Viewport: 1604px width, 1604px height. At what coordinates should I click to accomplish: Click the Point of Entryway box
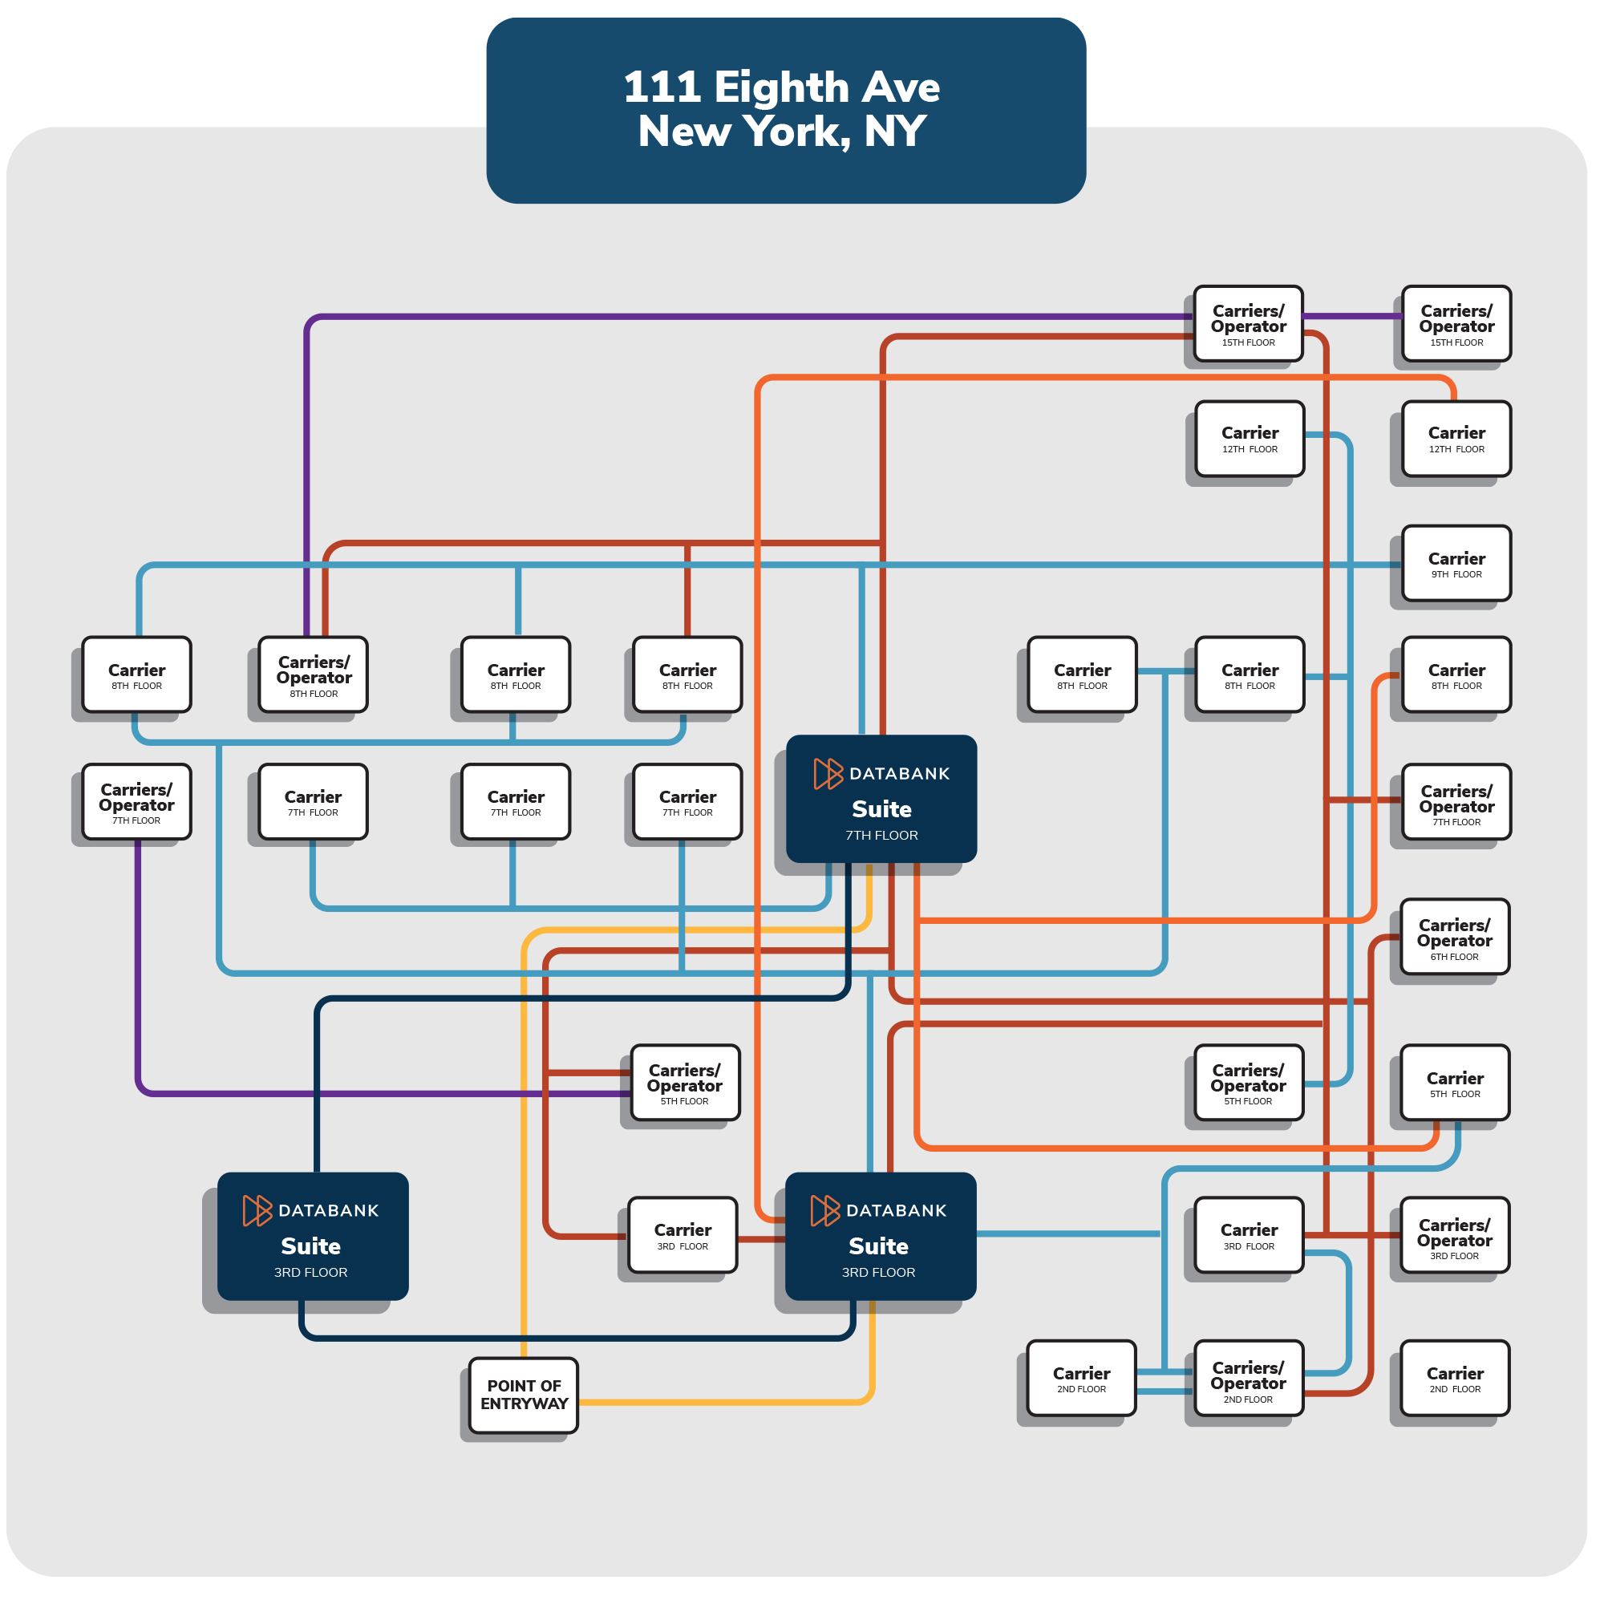coord(523,1395)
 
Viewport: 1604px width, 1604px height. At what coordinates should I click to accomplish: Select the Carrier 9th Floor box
coord(1456,563)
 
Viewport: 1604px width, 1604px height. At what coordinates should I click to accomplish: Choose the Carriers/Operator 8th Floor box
coord(313,675)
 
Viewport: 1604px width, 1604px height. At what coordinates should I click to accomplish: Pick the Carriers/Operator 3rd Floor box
coord(1455,1235)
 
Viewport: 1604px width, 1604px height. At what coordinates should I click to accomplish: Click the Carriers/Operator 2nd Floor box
coord(1248,1378)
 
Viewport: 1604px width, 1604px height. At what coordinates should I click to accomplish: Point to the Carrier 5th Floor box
coord(1455,1083)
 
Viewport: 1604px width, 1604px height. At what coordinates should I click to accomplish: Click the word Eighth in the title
coord(780,87)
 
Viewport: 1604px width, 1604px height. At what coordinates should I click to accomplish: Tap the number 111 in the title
coord(661,87)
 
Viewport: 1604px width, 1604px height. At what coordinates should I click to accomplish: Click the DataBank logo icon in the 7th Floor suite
coord(828,773)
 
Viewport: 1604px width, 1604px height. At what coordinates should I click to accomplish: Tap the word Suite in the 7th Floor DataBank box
coord(881,808)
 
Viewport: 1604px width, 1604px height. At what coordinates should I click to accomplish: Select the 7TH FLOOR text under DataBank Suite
coord(881,835)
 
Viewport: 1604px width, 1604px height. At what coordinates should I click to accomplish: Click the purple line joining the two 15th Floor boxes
coord(1351,315)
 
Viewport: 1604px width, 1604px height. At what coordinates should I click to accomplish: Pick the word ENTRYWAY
coord(524,1404)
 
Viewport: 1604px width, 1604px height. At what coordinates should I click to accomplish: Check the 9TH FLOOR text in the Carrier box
coord(1456,574)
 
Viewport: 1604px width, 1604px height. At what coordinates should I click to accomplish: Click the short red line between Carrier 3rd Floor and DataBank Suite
coord(761,1240)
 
